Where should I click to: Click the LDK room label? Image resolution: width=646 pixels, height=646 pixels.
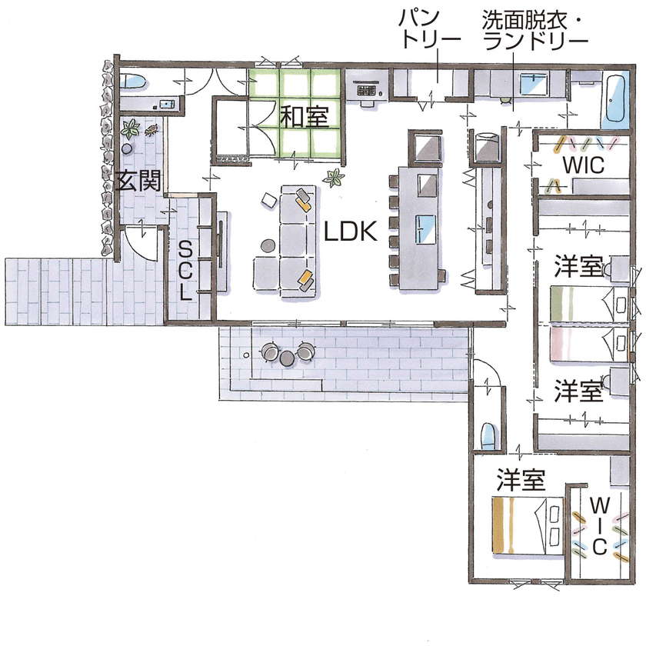pyautogui.click(x=350, y=231)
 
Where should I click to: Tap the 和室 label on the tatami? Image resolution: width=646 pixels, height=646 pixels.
pyautogui.click(x=304, y=118)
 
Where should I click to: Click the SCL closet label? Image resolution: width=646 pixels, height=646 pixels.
pyautogui.click(x=185, y=270)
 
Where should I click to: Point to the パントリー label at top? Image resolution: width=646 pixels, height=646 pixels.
pyautogui.click(x=430, y=29)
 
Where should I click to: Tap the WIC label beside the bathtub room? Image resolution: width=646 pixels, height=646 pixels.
pyautogui.click(x=583, y=165)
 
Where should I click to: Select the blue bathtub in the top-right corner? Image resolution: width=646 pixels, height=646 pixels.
pyautogui.click(x=615, y=101)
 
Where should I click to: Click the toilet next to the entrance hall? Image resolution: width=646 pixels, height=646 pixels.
pyautogui.click(x=134, y=80)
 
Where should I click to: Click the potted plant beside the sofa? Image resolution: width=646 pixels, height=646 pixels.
pyautogui.click(x=335, y=178)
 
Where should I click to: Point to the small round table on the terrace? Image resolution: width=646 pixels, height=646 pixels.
pyautogui.click(x=288, y=357)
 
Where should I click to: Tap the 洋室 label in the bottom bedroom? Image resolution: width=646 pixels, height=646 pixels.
pyautogui.click(x=521, y=481)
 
